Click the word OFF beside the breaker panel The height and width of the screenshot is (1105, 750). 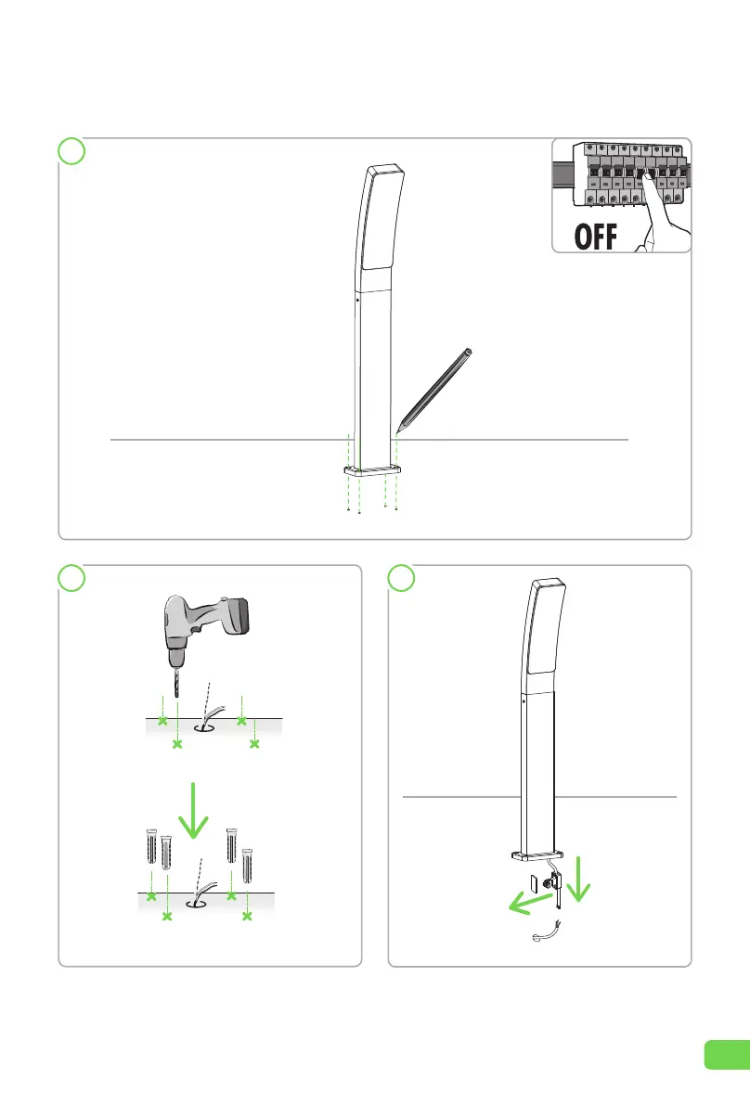coord(596,237)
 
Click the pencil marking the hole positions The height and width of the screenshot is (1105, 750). coord(433,390)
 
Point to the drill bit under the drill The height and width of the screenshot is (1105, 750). coord(175,682)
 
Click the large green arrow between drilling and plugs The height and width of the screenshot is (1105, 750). coord(193,811)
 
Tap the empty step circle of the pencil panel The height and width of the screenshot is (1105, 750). coord(71,151)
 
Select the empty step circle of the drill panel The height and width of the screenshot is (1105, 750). coord(71,578)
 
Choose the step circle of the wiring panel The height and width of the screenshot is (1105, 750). coord(401,578)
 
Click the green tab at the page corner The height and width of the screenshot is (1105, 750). coord(727,1054)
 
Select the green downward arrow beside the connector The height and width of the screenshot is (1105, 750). coord(578,879)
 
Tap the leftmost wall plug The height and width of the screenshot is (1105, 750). coord(151,847)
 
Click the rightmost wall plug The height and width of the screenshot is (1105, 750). coord(247,866)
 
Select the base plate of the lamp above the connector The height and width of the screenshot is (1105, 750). coord(537,856)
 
